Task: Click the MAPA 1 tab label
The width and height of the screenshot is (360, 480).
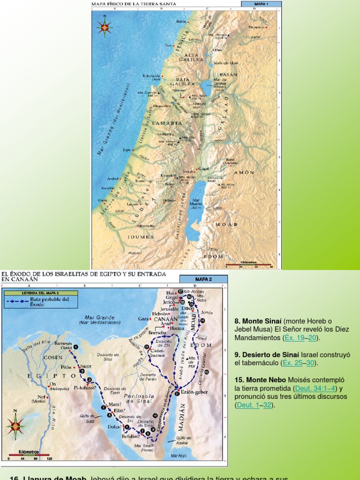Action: tap(261, 4)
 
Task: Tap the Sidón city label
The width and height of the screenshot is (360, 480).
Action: tap(181, 22)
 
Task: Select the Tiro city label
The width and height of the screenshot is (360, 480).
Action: tap(169, 46)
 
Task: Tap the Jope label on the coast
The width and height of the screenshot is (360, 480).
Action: tap(127, 150)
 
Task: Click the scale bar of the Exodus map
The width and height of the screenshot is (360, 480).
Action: tap(28, 454)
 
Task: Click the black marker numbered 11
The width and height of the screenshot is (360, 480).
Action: tap(176, 394)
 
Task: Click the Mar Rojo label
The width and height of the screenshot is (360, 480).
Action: tap(180, 455)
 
